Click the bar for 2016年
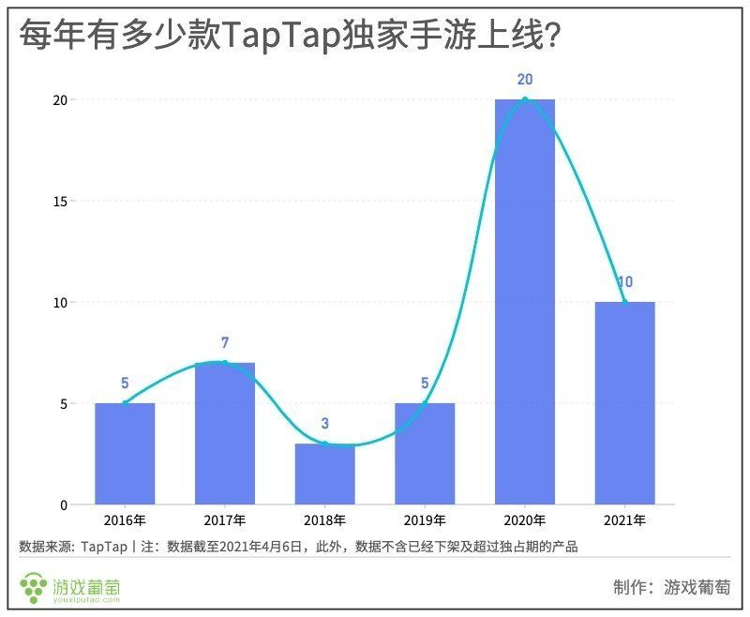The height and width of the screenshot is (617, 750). point(125,454)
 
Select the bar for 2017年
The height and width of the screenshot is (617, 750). point(225,433)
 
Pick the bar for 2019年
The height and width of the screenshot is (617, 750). point(425,454)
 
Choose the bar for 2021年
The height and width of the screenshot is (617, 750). point(624,403)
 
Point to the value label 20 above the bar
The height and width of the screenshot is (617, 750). point(524,80)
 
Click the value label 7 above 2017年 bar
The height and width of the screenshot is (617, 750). point(225,343)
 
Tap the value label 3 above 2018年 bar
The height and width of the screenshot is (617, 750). point(324,424)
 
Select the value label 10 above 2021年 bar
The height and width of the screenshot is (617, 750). point(625,282)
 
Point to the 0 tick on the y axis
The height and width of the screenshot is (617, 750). point(63,504)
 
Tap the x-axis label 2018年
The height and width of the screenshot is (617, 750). point(324,520)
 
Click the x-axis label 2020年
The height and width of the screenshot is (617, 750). point(525,520)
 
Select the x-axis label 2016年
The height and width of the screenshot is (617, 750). point(125,520)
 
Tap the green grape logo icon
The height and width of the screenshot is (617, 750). point(35,587)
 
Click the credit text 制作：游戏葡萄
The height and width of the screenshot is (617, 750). point(671,587)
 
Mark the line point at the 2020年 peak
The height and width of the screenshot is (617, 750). point(525,99)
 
